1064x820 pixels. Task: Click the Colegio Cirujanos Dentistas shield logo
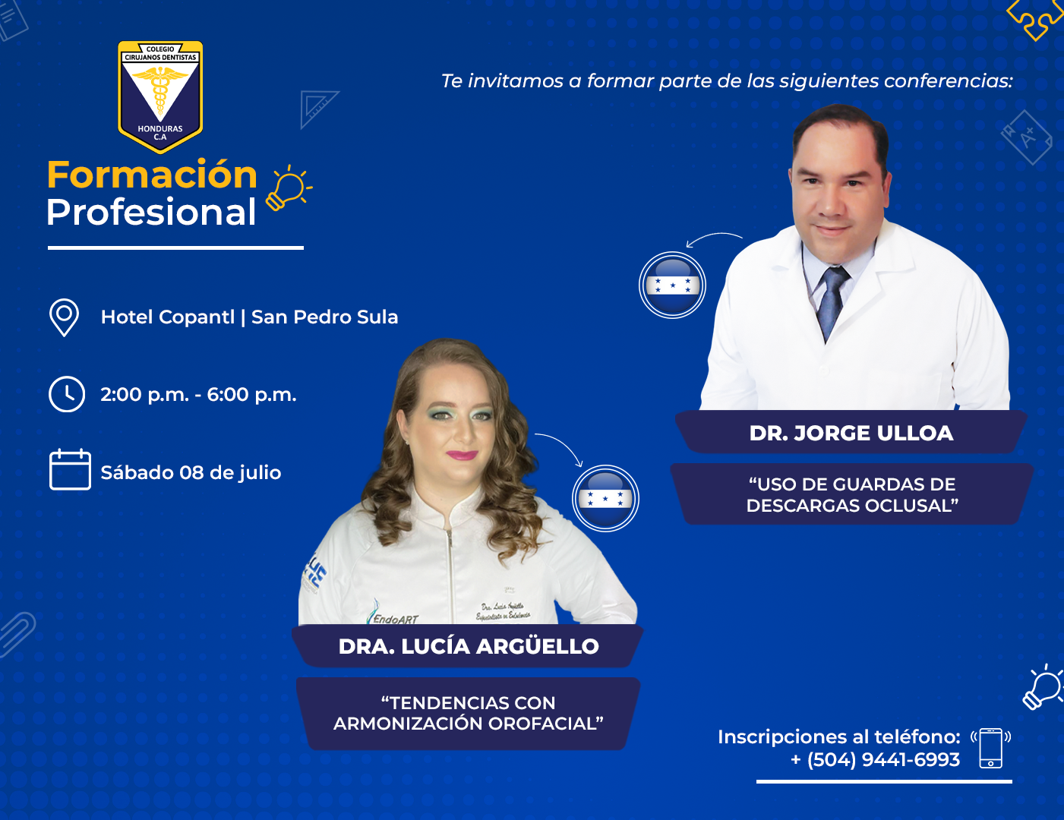coord(160,97)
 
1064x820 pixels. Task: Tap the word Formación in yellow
coord(153,175)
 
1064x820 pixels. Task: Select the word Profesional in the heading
coord(151,212)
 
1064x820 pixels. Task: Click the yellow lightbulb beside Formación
coord(289,188)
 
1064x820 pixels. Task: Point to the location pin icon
coord(64,317)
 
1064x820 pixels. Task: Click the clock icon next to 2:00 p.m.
coord(67,394)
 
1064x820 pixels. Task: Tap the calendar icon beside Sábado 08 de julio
coord(70,469)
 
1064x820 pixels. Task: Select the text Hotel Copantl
coord(168,317)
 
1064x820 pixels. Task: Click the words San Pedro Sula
coord(324,317)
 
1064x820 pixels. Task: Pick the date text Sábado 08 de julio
coord(191,473)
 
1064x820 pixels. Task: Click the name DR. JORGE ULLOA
coord(851,434)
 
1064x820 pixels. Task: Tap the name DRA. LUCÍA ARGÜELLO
coord(469,646)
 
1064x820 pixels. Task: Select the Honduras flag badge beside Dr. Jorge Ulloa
coord(672,285)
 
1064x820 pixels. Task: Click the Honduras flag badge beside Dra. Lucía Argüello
coord(606,498)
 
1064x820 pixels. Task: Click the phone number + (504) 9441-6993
coord(876,760)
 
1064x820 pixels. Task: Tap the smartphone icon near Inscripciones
coord(990,748)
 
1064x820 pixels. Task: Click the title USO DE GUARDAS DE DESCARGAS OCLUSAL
coord(852,495)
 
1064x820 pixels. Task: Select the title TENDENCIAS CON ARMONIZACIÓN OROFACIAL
coord(469,713)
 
